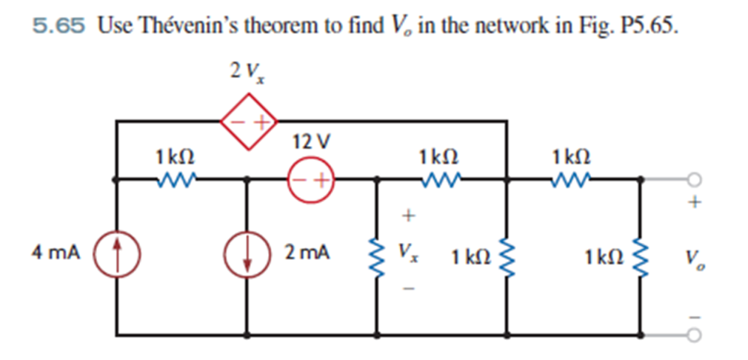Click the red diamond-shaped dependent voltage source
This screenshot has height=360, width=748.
point(247,121)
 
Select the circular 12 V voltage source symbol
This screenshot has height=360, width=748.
point(311,179)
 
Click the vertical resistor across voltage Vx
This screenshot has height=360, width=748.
point(378,256)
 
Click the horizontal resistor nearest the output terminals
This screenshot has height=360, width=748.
point(572,179)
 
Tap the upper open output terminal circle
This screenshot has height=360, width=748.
point(693,179)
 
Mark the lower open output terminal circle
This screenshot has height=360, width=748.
point(693,335)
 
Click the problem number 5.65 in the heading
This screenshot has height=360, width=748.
point(59,27)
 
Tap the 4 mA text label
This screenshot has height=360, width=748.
point(56,253)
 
